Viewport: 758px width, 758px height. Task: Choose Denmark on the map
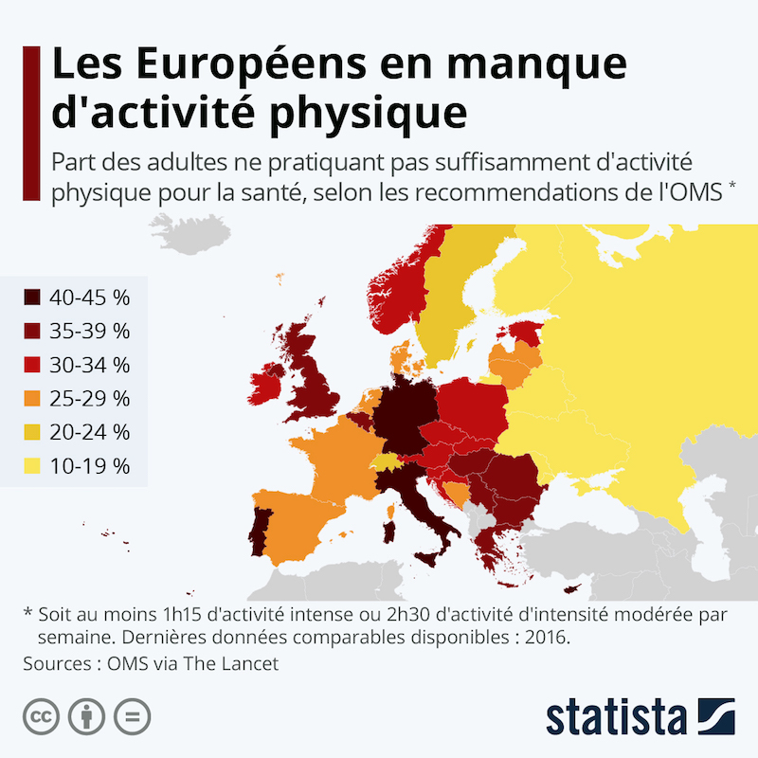click(x=400, y=358)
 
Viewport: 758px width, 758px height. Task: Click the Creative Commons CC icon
click(x=41, y=714)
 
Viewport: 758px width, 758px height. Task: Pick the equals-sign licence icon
click(x=133, y=714)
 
